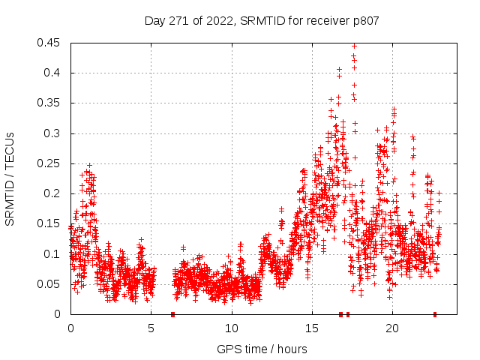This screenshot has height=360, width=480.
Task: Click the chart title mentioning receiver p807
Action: [x=262, y=21]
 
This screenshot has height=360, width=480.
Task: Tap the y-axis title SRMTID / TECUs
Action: [x=10, y=178]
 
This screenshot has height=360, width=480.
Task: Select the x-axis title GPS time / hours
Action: [x=262, y=349]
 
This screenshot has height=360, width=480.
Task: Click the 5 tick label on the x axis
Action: [x=151, y=328]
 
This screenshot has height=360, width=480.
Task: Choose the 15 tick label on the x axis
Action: [x=311, y=328]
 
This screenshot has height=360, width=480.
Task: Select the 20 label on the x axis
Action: [x=391, y=328]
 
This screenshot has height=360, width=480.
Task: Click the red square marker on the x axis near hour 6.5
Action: [x=173, y=314]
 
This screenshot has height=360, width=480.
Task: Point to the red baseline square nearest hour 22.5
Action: [x=434, y=314]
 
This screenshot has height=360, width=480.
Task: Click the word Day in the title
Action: [x=155, y=21]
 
